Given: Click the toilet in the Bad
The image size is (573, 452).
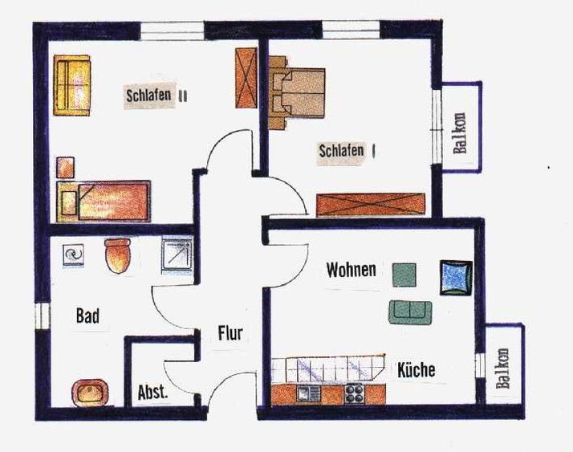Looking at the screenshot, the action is tap(118, 255).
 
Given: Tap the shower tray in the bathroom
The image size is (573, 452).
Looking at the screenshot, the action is tap(177, 255).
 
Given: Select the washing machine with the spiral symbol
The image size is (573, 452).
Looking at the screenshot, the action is tap(74, 255).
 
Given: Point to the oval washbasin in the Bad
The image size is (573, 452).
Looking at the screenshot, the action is tap(90, 393).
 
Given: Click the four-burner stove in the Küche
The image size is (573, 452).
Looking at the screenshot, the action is tap(354, 393).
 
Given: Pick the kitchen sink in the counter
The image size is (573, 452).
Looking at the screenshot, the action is tap(308, 393).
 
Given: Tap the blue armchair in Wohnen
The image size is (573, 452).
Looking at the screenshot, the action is tap(456, 278).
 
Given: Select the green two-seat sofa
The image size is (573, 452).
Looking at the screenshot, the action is tap(410, 312).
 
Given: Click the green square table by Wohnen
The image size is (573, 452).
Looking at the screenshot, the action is tap(404, 275).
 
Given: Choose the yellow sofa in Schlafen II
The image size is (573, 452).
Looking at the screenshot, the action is tap(71, 85).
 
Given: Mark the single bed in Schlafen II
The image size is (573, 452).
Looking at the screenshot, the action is tap(104, 202).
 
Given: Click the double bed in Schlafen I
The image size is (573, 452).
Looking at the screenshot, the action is tap(297, 92).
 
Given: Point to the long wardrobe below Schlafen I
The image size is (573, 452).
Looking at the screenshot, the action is tap(371, 205).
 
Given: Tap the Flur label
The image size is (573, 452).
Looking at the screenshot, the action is tap(230, 333).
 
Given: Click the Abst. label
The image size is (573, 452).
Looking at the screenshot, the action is tap(152, 393).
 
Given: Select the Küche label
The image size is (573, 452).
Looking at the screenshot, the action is tap(417, 370).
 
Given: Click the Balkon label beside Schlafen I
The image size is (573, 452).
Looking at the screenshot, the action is tap(460, 133).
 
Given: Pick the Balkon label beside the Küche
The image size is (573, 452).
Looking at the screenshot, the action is tap(502, 368).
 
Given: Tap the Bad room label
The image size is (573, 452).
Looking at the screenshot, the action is tap(87, 316).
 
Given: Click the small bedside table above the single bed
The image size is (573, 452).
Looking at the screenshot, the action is tap(66, 168).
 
